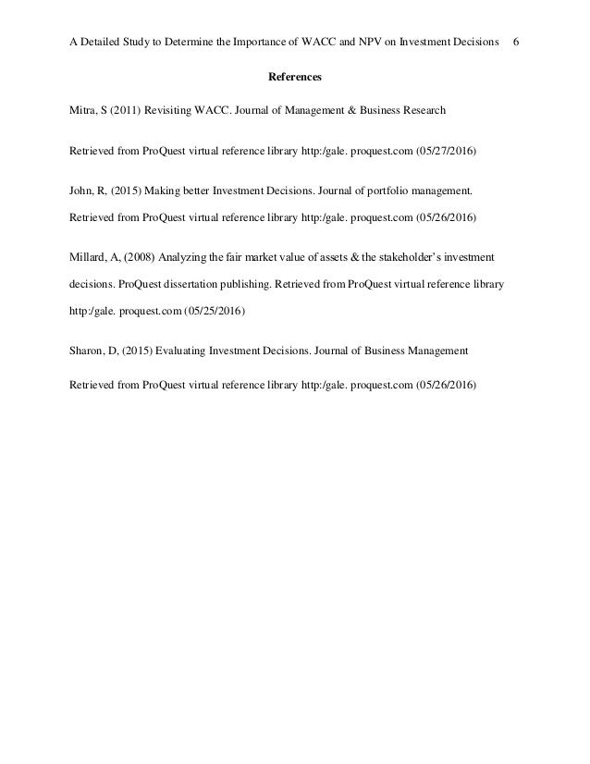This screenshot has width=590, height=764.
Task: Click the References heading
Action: (x=294, y=77)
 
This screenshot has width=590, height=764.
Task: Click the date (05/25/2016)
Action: (x=214, y=312)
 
